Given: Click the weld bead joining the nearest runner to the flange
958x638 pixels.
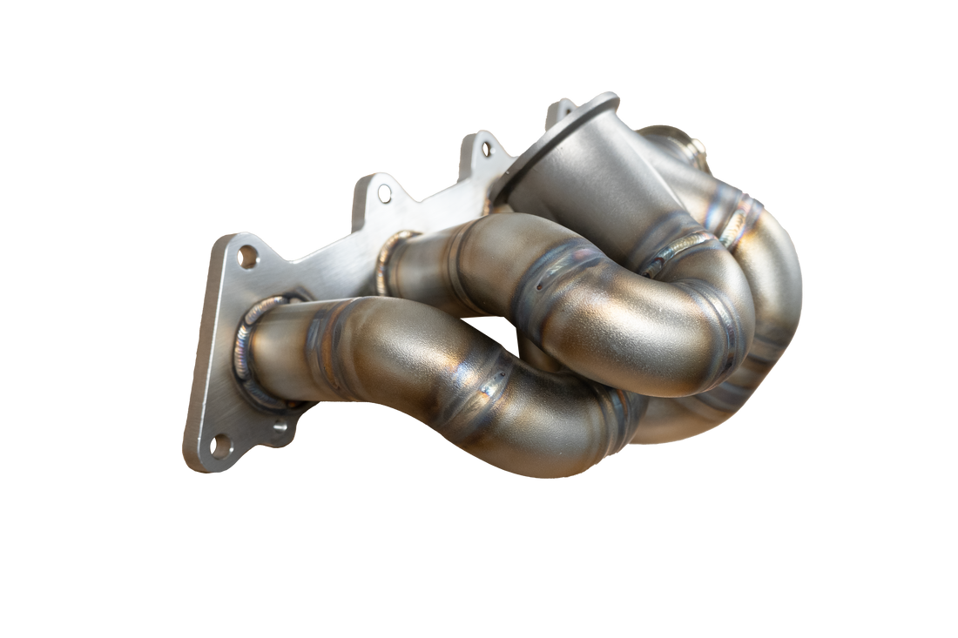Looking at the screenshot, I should coord(249,358).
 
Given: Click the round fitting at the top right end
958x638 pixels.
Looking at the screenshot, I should coord(688,140).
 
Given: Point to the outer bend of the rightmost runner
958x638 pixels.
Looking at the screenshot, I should coord(784,287).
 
